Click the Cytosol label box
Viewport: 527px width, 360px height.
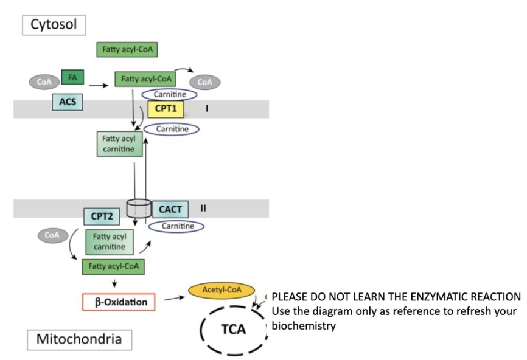[54, 25]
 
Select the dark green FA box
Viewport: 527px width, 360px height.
[72, 78]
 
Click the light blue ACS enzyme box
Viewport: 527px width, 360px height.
[67, 102]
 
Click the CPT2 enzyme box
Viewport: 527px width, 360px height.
[101, 215]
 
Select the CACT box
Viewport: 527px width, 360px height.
[170, 209]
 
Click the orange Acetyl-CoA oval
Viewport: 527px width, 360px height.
[222, 291]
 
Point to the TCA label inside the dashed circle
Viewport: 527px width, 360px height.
[232, 329]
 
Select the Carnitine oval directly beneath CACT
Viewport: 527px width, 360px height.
[174, 226]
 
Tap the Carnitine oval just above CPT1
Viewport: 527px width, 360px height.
[169, 94]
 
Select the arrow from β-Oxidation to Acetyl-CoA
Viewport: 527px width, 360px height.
[174, 298]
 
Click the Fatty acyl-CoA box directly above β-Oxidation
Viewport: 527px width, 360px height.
[113, 266]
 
